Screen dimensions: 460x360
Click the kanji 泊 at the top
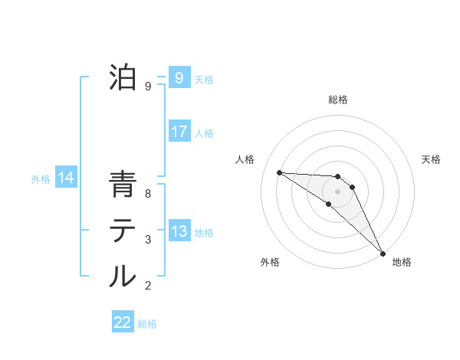[x=123, y=77]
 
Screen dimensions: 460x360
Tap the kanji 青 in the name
[x=123, y=185]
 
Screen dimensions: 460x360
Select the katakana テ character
[x=123, y=231]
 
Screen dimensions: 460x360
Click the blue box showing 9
[x=179, y=77]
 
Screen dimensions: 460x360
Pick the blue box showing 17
[x=179, y=131]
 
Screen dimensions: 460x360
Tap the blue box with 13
[x=179, y=231]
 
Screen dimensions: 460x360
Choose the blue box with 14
[x=65, y=178]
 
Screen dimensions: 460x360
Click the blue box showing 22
[x=123, y=322]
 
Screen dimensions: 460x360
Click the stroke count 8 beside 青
[x=148, y=194]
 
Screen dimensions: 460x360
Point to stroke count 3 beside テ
[x=148, y=240]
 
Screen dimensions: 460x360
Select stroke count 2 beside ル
[x=148, y=286]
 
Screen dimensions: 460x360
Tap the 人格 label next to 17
[x=204, y=133]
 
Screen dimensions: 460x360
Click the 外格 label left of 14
[x=41, y=180]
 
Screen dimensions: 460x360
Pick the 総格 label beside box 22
[x=147, y=324]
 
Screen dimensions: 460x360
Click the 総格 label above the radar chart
[x=338, y=100]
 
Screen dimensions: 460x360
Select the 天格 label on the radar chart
[x=431, y=159]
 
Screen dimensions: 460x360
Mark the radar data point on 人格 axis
[x=279, y=172]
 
